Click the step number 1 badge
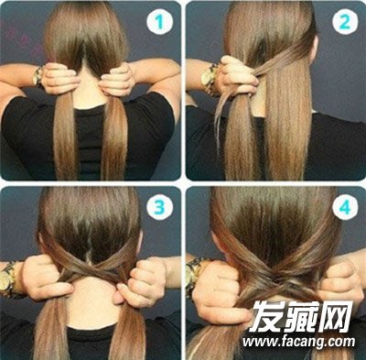(x=159, y=22)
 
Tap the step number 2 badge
(x=345, y=22)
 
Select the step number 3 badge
(x=159, y=207)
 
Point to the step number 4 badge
(x=345, y=207)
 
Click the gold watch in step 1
(x=38, y=76)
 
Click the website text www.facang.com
(x=299, y=342)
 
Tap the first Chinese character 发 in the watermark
(x=266, y=316)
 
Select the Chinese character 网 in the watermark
(x=336, y=317)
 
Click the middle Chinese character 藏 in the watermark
(x=301, y=316)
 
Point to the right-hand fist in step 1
(x=116, y=80)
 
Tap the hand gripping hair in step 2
(x=237, y=76)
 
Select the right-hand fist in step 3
(x=141, y=282)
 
